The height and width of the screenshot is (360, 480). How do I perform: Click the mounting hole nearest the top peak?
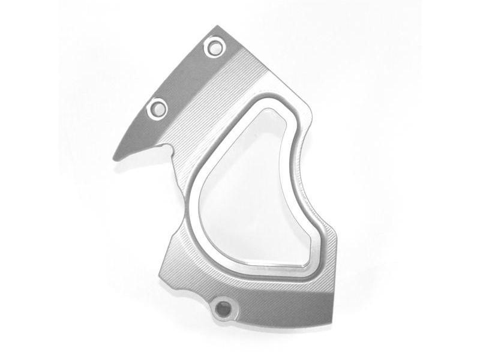[x=214, y=47]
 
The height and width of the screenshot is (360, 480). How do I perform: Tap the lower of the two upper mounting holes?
[x=158, y=109]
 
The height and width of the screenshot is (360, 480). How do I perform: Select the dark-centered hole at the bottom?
[x=224, y=309]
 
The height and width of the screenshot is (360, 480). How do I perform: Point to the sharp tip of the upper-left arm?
[x=115, y=158]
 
